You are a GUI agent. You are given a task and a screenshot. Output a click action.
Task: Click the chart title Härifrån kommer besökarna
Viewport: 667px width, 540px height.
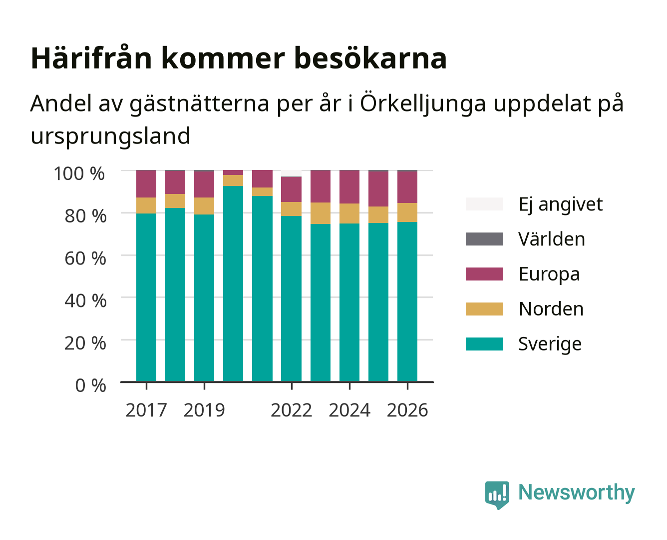coord(239,58)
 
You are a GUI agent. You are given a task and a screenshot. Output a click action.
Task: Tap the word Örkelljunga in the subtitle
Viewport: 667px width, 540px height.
coord(423,103)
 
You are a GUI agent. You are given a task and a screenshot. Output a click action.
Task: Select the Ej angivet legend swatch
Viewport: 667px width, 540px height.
coord(484,204)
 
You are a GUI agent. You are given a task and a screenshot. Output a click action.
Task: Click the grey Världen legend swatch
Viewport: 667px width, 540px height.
coord(484,238)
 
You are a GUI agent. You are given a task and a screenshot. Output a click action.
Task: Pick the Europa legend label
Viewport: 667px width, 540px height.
coord(549,274)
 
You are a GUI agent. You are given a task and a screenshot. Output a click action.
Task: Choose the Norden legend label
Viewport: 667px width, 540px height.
coord(551,309)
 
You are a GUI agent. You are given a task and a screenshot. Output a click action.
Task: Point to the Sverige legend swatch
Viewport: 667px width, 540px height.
coord(484,343)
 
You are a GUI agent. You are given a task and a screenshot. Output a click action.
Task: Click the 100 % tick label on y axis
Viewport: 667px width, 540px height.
coord(79,173)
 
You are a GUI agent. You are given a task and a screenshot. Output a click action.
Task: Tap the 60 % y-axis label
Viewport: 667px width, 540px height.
coord(85,258)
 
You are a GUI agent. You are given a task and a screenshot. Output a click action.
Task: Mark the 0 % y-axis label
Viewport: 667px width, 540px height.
coord(90,385)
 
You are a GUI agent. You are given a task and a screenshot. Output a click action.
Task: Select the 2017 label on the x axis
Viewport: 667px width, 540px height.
coord(146,410)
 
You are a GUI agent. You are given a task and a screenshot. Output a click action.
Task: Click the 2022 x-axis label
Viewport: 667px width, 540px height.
coord(291,410)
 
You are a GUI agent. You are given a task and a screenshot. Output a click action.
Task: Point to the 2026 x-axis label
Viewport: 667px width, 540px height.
coord(407,410)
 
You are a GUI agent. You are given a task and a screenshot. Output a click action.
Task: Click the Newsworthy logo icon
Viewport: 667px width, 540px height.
coord(497,495)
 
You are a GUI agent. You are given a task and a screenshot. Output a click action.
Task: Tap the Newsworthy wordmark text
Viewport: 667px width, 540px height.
coord(577,492)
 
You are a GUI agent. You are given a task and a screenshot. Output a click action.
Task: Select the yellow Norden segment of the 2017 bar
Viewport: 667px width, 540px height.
coord(146,205)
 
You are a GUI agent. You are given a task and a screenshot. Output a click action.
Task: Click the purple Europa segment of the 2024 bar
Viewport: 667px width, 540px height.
coord(349,187)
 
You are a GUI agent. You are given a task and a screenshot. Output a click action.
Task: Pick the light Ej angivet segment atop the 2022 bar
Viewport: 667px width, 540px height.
coord(291,173)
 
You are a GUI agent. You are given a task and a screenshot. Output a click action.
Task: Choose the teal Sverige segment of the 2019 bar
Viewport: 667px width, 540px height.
coord(204,298)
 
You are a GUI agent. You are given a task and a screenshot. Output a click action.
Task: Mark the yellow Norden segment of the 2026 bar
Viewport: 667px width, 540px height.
coord(407,212)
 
